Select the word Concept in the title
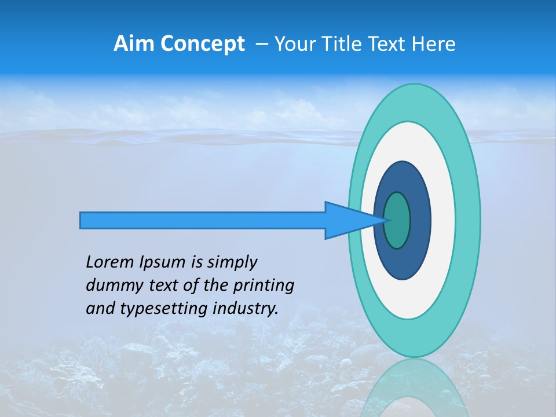(202, 44)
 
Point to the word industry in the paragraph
(248, 309)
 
